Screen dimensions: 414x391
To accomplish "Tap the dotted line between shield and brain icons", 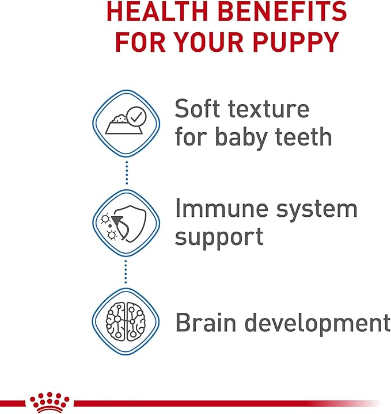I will (126, 271).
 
